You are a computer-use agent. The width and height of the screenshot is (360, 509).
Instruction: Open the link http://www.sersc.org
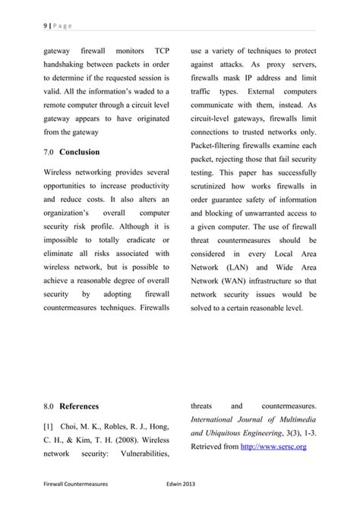pyautogui.click(x=273, y=447)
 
